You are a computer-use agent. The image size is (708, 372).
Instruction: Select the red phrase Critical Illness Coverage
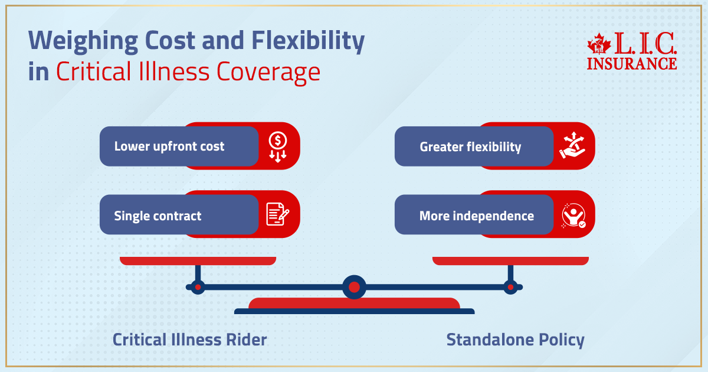coord(188,72)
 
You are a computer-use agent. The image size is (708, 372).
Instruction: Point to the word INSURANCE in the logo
coord(632,63)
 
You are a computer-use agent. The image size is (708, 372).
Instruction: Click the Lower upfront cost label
coord(169,146)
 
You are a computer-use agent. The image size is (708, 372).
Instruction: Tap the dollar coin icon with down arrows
coord(277,146)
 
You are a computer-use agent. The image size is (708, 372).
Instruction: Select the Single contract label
coord(158,216)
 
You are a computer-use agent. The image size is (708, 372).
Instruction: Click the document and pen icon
coord(277,214)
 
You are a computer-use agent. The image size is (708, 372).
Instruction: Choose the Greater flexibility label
coord(470,146)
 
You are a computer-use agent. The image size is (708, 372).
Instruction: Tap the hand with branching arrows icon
coord(572,146)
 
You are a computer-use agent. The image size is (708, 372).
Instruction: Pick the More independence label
coord(476,216)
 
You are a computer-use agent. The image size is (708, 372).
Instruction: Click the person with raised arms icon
coord(573,216)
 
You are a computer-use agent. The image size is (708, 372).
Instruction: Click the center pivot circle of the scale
coord(354,288)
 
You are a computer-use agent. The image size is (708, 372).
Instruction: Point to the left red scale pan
coord(198,260)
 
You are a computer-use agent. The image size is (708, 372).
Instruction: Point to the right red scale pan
coord(510,260)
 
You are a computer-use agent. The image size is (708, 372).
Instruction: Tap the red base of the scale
coord(354,304)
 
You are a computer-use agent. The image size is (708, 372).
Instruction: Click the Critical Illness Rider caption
coord(189,340)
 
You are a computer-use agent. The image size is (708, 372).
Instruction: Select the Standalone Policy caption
coord(515,340)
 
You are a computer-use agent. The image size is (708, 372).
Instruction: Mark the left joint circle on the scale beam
coord(198,288)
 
